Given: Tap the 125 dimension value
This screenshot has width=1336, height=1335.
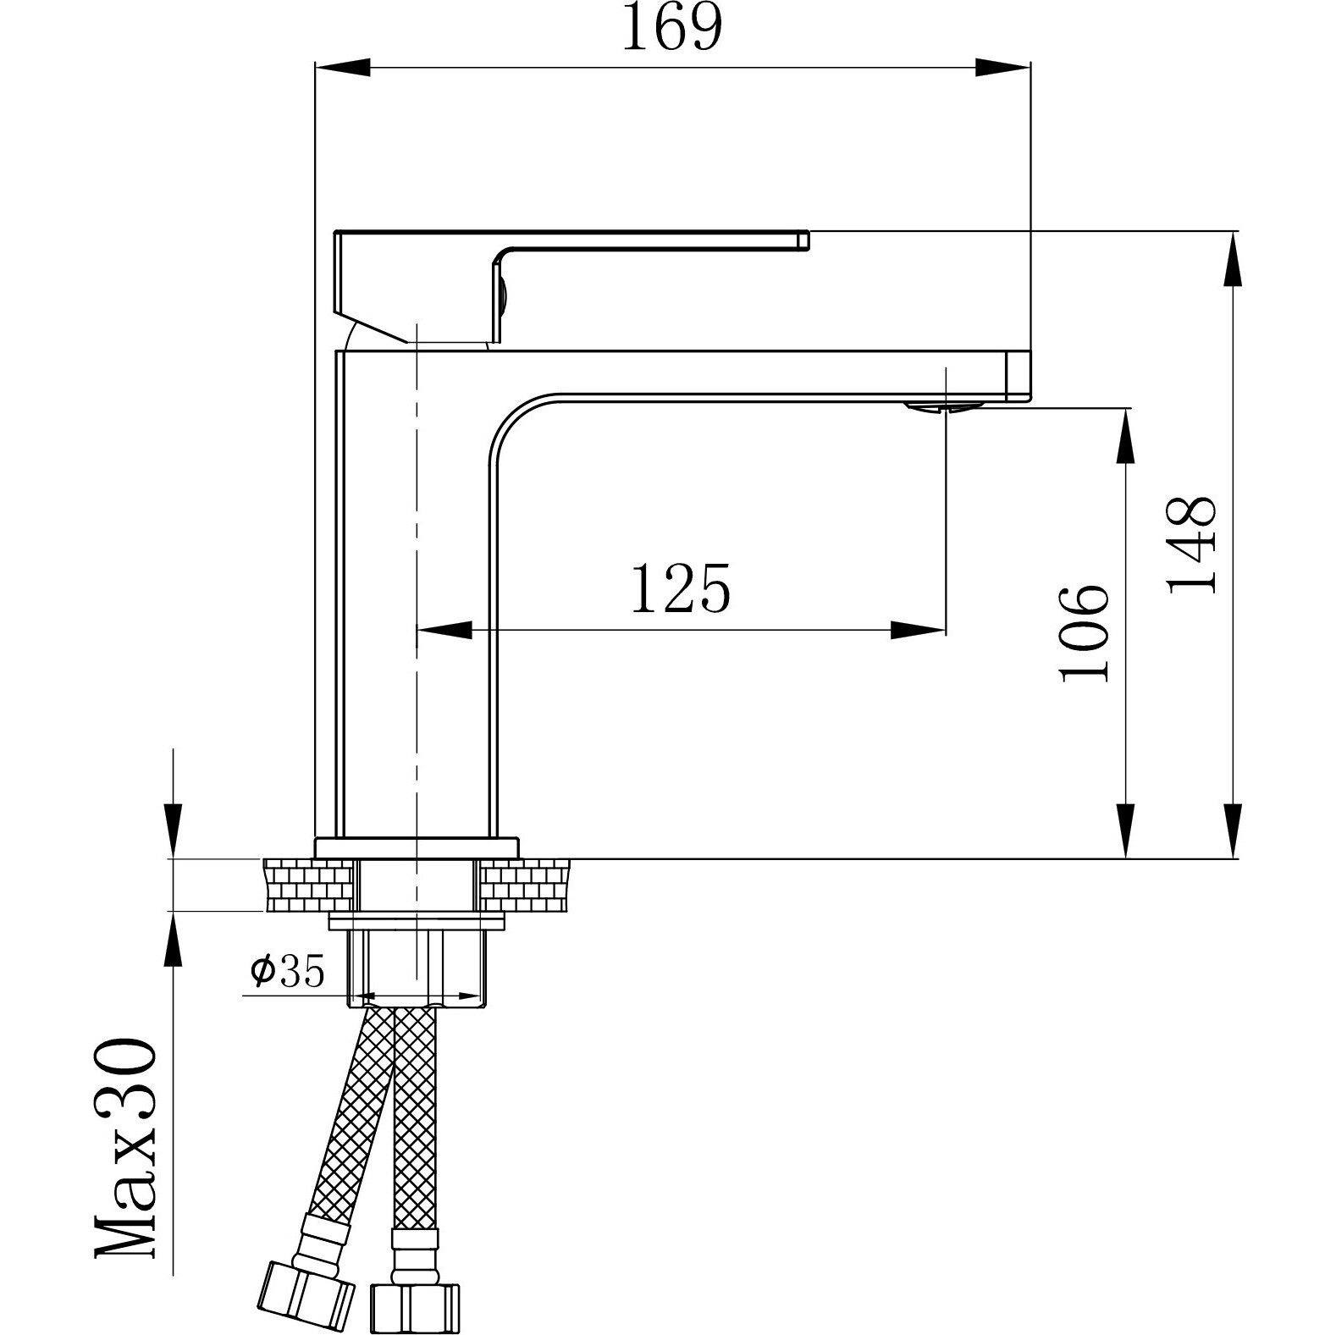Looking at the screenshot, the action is pyautogui.click(x=680, y=588).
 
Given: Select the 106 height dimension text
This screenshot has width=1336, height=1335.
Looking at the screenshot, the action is pyautogui.click(x=1083, y=632).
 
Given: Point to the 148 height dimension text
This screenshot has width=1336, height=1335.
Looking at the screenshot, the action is pyautogui.click(x=1192, y=543).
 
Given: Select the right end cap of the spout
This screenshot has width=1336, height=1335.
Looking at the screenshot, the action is pyautogui.click(x=1019, y=375).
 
